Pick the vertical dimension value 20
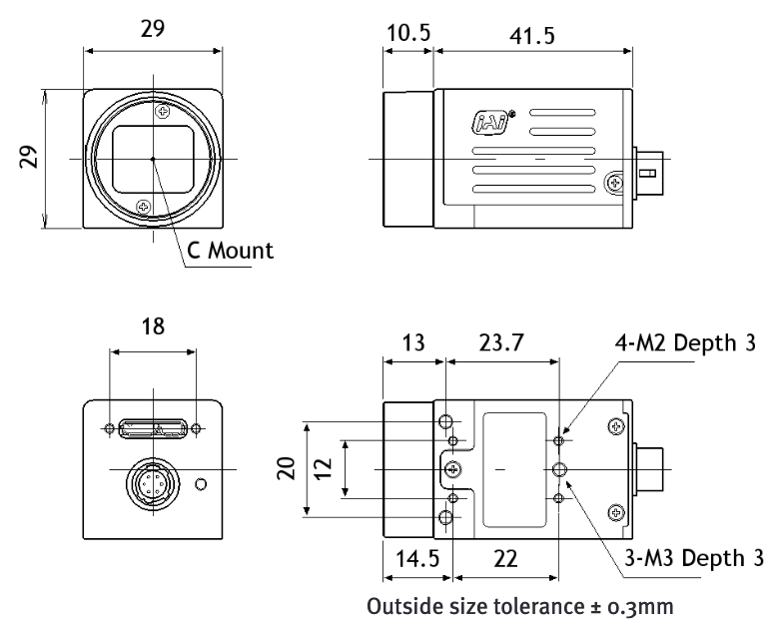pos(287,469)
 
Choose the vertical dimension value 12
pos(324,469)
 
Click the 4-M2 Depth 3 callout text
pos(671,344)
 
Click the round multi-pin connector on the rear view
pos(152,485)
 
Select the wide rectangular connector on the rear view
pos(152,429)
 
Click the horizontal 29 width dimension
pos(152,29)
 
